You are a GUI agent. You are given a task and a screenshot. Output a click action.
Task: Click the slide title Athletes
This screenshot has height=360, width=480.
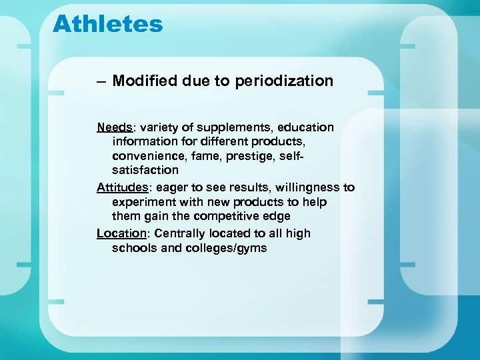pyautogui.click(x=107, y=24)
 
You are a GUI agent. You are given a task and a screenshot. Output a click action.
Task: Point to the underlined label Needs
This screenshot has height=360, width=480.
pyautogui.click(x=114, y=127)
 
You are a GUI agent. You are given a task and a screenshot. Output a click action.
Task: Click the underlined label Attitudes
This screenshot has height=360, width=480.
pyautogui.click(x=121, y=187)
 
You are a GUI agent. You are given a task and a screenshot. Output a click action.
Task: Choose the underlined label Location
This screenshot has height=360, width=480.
pyautogui.click(x=121, y=233)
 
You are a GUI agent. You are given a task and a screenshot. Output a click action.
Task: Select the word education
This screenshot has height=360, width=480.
pyautogui.click(x=306, y=127)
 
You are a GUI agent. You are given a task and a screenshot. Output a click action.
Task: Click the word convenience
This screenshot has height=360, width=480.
pyautogui.click(x=148, y=156)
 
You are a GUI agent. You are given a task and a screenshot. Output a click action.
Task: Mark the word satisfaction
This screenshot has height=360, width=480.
pyautogui.click(x=145, y=170)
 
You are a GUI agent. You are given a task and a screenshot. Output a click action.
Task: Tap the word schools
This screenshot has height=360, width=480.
pyautogui.click(x=133, y=248)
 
